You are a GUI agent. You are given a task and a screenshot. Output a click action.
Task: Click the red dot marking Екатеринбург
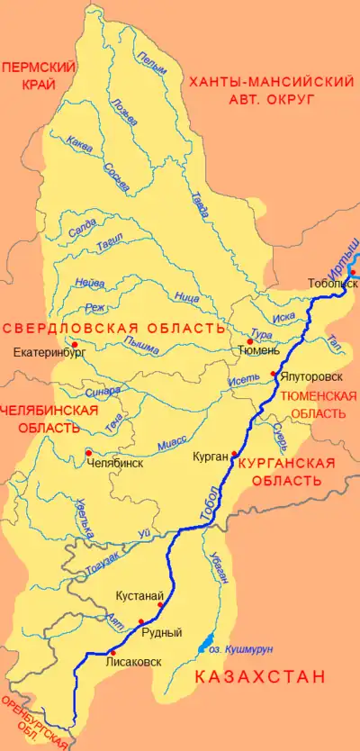(x=74, y=344)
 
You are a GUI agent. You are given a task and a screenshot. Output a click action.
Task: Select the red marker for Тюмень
(x=250, y=341)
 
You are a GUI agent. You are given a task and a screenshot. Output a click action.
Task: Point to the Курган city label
(x=209, y=457)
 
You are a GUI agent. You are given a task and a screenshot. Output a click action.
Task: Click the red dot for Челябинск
(x=87, y=452)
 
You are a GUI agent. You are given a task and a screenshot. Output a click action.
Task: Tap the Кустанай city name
(x=139, y=595)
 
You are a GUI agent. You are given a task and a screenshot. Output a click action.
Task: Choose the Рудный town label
(x=162, y=632)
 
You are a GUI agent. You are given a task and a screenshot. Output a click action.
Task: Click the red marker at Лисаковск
(x=112, y=652)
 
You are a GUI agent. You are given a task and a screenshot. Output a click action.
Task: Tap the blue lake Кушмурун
(x=201, y=647)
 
